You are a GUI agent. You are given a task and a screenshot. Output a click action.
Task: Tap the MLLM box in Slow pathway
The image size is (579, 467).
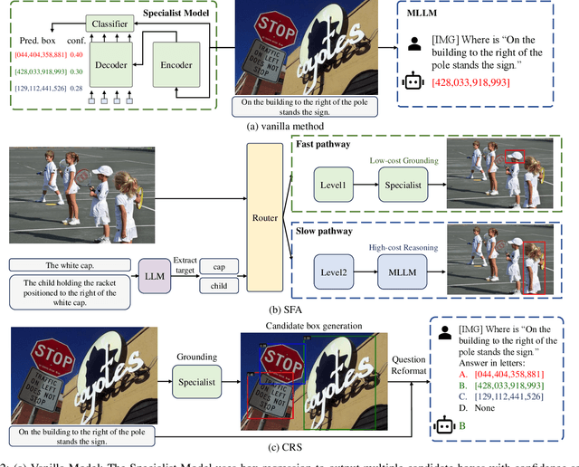tap(403, 271)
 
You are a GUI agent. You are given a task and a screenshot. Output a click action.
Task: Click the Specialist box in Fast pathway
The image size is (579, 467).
tap(402, 185)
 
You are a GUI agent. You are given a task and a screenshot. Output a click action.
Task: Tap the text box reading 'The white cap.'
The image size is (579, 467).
tap(69, 265)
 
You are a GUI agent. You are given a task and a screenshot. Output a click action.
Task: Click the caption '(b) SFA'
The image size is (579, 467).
tap(289, 310)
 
